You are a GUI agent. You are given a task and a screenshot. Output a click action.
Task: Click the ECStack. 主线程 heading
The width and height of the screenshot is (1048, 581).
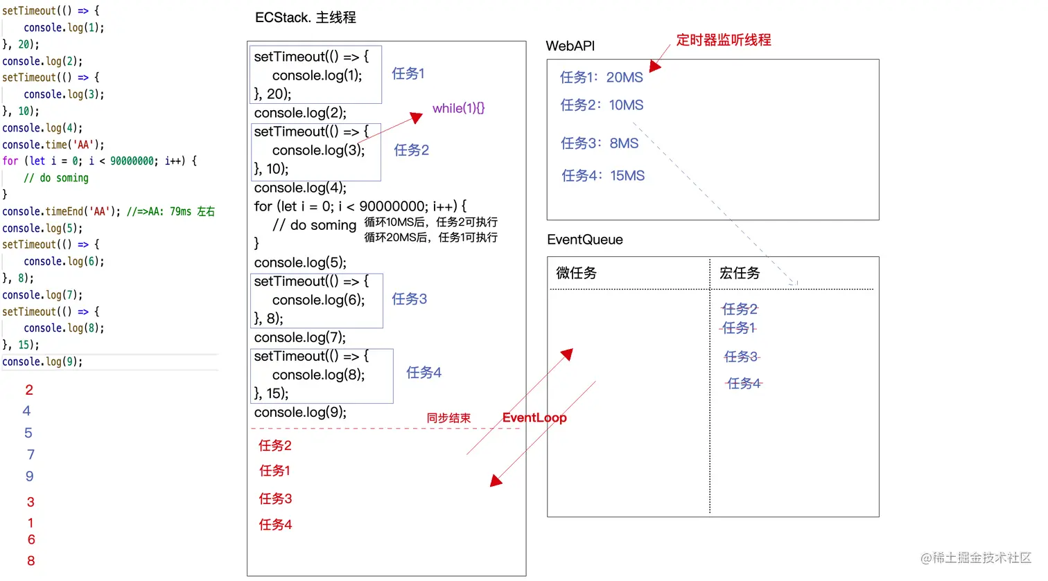click(x=305, y=17)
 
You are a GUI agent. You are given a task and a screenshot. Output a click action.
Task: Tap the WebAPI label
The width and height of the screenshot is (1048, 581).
click(x=570, y=46)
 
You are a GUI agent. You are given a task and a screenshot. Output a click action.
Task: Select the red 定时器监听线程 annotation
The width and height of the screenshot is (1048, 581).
click(x=723, y=40)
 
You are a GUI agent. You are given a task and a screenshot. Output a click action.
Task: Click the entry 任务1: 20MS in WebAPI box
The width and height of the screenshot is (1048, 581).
click(x=601, y=78)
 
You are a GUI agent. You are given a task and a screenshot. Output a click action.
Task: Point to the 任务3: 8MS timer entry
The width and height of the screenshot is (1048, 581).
click(x=600, y=143)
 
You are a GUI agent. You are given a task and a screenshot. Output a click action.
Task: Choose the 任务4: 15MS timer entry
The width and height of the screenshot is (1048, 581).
click(x=602, y=176)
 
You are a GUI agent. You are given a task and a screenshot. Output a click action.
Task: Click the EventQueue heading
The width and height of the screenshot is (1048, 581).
click(x=584, y=240)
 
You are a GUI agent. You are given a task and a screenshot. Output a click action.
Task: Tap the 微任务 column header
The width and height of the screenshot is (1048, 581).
click(x=576, y=273)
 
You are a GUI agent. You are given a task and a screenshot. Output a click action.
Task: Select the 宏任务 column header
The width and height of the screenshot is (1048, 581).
click(x=739, y=273)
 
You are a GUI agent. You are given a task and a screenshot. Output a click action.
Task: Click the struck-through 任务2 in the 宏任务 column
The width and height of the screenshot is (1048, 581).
click(x=740, y=309)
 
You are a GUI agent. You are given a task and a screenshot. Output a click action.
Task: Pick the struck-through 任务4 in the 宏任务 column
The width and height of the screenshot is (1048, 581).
click(x=744, y=384)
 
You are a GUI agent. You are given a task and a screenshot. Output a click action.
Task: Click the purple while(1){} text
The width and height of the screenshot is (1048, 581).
click(x=458, y=109)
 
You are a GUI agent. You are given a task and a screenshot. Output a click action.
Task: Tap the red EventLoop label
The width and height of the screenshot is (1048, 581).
click(x=534, y=418)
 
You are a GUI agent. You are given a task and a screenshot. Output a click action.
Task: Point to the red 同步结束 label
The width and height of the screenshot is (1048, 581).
click(x=448, y=418)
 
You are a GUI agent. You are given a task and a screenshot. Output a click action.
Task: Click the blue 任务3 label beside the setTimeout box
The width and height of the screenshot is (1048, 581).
click(x=409, y=299)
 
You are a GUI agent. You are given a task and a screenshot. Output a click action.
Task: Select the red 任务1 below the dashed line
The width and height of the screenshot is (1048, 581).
click(x=274, y=471)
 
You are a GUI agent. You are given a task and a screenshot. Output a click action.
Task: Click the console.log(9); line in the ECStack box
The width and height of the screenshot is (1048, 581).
click(x=299, y=413)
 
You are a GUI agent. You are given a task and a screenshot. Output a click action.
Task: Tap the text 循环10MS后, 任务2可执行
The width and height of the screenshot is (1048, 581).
click(x=430, y=222)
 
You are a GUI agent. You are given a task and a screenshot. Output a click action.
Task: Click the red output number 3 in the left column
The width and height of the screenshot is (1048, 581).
click(x=30, y=502)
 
